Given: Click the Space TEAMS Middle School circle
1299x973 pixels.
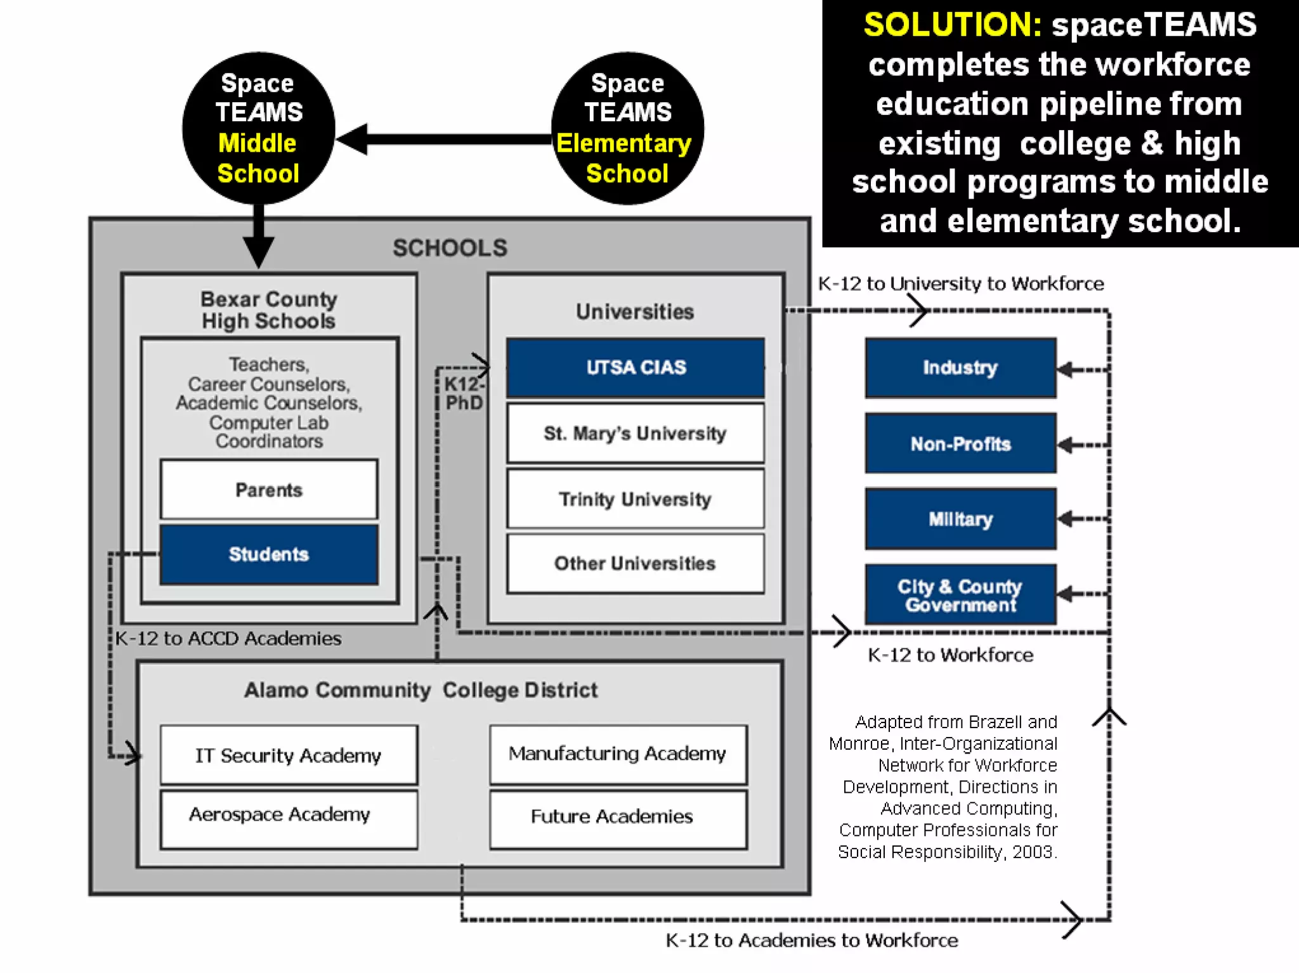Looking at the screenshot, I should [x=258, y=128].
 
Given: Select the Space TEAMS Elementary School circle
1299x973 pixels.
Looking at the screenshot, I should [x=627, y=128].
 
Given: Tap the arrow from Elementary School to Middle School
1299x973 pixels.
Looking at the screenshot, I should [x=444, y=140].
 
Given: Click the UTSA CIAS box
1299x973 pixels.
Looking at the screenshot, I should [x=636, y=367].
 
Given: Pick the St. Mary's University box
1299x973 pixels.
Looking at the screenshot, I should [x=636, y=433].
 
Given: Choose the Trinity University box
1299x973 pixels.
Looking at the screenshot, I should [x=636, y=499].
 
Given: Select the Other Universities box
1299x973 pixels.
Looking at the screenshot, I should [x=636, y=563].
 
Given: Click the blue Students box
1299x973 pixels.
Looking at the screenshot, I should [x=269, y=554].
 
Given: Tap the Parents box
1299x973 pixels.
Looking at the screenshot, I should [x=269, y=490].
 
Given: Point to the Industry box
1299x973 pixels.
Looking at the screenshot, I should [x=960, y=368].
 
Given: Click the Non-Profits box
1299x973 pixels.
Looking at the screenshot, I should [x=960, y=443].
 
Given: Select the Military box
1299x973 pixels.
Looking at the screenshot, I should [x=960, y=519].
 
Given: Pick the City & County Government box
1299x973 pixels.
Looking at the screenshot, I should [x=960, y=595].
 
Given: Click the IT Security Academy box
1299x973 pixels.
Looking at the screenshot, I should [x=289, y=755].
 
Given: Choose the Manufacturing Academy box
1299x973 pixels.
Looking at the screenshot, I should [x=618, y=754].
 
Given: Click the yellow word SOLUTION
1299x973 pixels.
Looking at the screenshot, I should [x=952, y=25].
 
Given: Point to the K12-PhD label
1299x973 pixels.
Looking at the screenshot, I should [x=464, y=393].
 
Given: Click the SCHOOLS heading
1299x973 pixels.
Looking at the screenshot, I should [x=450, y=248].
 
